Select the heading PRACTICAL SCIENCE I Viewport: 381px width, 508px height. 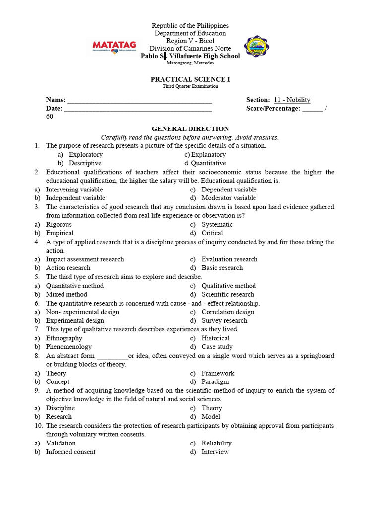[190, 79]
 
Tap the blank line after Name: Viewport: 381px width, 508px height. [139, 100]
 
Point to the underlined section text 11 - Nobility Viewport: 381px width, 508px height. [292, 100]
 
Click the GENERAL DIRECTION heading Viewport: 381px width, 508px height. [190, 129]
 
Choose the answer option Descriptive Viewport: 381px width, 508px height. [85, 163]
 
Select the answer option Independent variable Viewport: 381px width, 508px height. [75, 198]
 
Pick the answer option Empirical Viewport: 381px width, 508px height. [60, 233]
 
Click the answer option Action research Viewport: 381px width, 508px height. [68, 268]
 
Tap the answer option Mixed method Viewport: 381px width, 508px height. [66, 294]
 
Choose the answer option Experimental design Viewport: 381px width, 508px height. [75, 320]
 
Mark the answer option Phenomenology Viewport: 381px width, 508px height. [68, 347]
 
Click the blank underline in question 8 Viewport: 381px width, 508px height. [112, 356]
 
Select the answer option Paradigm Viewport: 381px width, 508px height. [215, 382]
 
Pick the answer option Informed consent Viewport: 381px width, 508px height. [70, 452]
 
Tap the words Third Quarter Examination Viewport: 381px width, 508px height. [190, 86]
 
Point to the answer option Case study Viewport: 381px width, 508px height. [217, 347]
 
